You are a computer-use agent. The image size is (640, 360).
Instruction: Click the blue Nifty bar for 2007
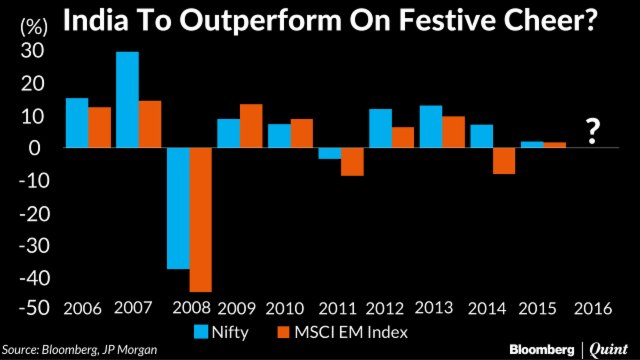[x=127, y=99]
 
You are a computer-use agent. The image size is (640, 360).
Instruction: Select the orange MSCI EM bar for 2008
[x=200, y=219]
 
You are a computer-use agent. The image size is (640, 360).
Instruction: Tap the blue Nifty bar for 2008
[x=178, y=208]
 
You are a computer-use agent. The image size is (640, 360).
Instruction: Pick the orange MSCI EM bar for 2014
[x=503, y=161]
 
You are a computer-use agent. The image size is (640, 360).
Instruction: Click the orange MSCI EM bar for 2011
[x=351, y=161]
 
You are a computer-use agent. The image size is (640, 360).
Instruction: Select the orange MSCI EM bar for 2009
[x=251, y=125]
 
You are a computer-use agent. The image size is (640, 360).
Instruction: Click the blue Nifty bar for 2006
[x=76, y=122]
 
